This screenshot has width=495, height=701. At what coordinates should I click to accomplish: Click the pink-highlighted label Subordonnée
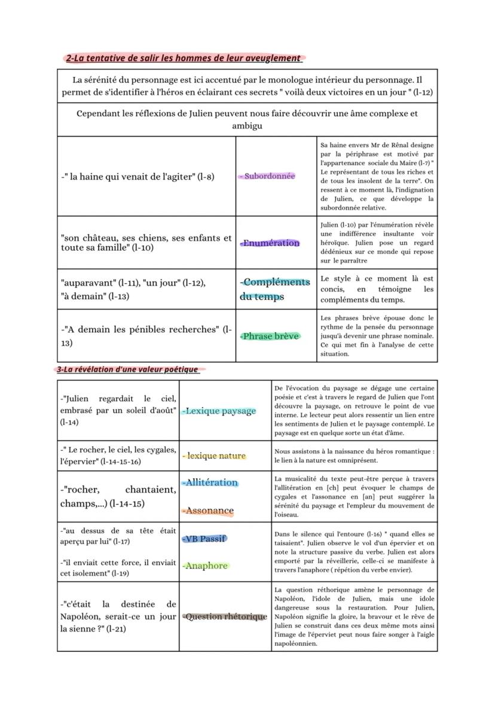pyautogui.click(x=267, y=177)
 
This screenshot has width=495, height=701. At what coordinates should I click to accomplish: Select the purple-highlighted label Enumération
pyautogui.click(x=270, y=243)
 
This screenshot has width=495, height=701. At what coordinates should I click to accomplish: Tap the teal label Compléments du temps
pyautogui.click(x=275, y=289)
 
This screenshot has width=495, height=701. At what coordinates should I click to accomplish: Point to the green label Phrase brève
pyautogui.click(x=270, y=336)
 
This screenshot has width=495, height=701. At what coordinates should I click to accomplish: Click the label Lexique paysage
pyautogui.click(x=219, y=411)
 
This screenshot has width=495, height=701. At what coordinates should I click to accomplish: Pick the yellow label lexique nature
pyautogui.click(x=214, y=456)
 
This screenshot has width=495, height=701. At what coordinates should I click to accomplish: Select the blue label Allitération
pyautogui.click(x=210, y=482)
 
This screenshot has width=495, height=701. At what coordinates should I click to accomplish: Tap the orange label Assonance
pyautogui.click(x=208, y=511)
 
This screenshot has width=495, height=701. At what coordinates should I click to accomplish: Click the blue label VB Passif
pyautogui.click(x=204, y=539)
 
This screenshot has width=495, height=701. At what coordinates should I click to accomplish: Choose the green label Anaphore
pyautogui.click(x=205, y=566)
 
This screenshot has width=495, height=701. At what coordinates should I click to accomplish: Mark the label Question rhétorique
pyautogui.click(x=225, y=617)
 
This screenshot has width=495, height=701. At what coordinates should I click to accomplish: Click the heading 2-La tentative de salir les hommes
pyautogui.click(x=183, y=58)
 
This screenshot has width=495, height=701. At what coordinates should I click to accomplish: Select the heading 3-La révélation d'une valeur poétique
pyautogui.click(x=128, y=369)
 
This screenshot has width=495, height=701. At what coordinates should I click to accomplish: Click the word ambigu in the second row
pyautogui.click(x=247, y=126)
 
